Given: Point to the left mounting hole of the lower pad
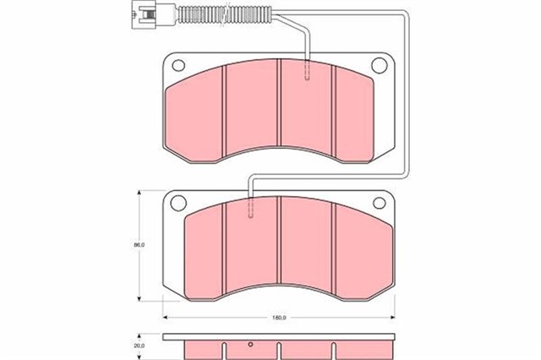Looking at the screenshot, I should (178, 202).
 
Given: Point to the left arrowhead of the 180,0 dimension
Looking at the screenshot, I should (165, 318).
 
